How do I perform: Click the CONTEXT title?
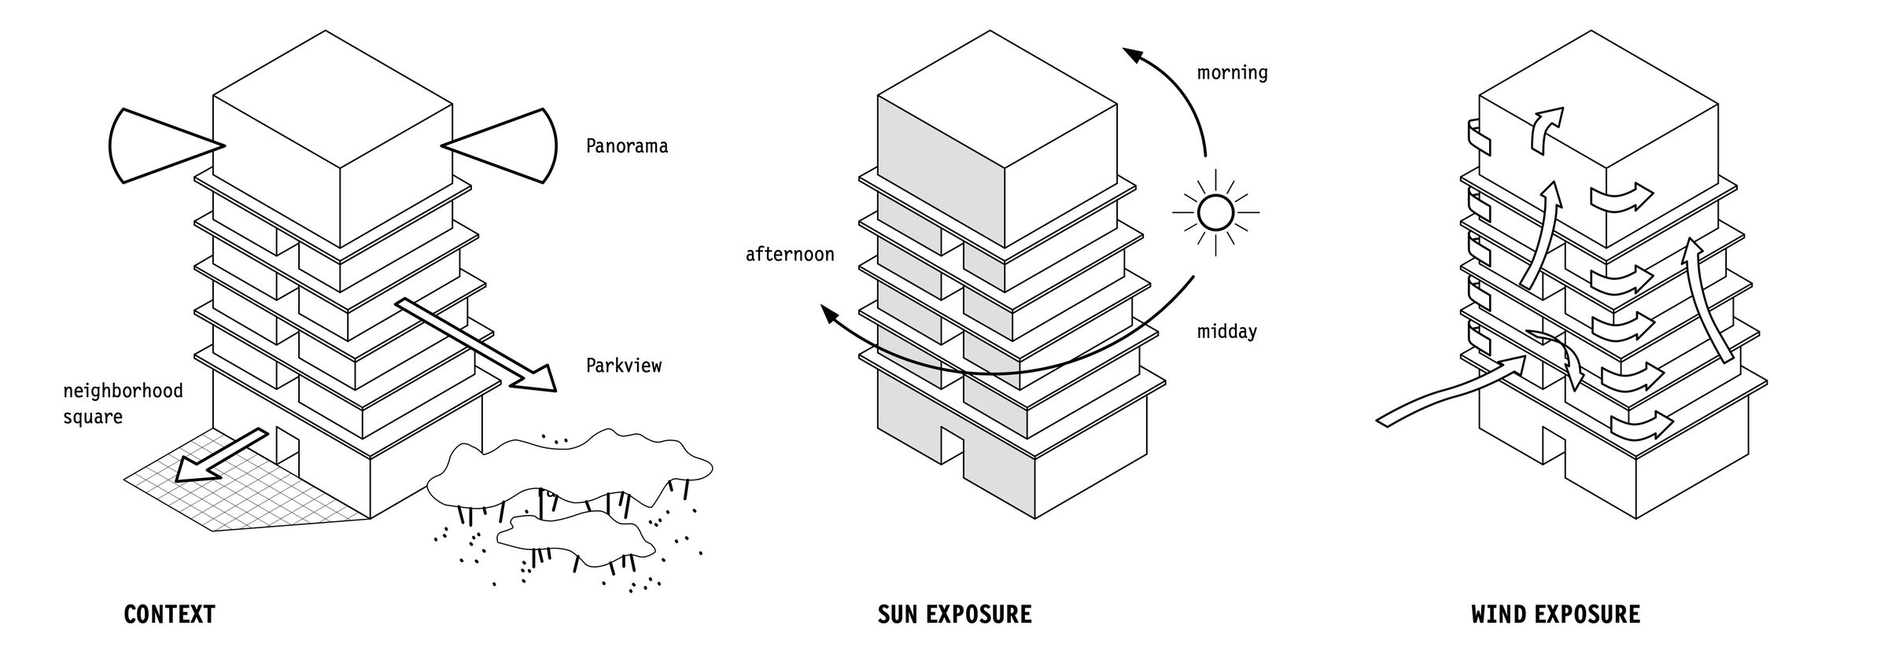coord(169,614)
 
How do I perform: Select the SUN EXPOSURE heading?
coord(954,614)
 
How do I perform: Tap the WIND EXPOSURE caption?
coord(1555,614)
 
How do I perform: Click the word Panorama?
coord(627,146)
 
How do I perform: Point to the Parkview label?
coord(624,366)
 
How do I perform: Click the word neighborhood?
coord(123,391)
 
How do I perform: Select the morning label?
coord(1232,73)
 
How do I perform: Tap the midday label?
coord(1226,332)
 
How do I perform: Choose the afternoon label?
coord(790,255)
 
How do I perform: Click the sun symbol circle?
coord(1215,212)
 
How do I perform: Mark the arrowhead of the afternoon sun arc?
coord(831,316)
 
